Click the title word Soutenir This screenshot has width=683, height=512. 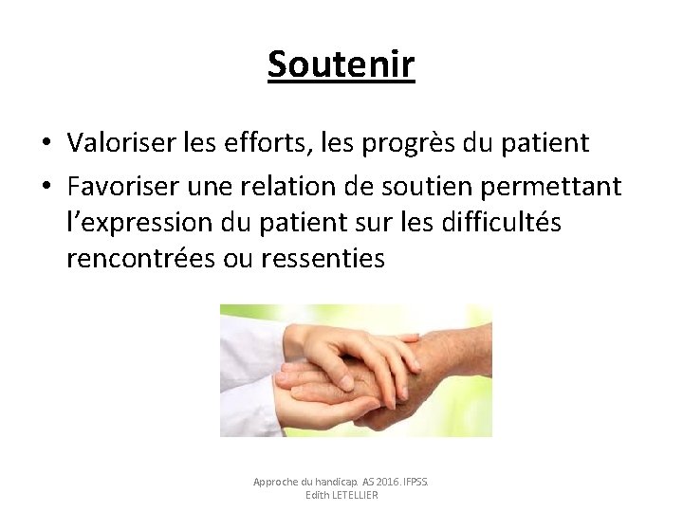click(341, 64)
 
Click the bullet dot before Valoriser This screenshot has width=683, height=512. click(46, 144)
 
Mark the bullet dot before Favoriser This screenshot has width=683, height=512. click(46, 187)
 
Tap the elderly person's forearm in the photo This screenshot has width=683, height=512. click(465, 351)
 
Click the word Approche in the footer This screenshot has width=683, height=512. click(274, 482)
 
